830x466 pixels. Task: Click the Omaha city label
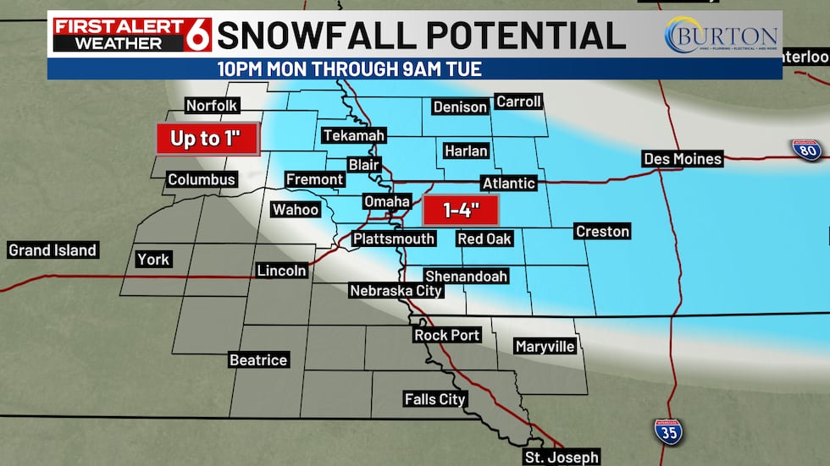click(x=387, y=201)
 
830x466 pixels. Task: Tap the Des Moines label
click(x=682, y=159)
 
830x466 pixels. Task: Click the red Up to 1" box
click(x=207, y=140)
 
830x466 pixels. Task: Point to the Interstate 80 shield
click(x=808, y=150)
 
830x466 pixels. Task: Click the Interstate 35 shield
click(x=669, y=431)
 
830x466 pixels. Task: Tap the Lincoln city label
click(x=282, y=271)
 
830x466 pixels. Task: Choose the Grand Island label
click(x=53, y=250)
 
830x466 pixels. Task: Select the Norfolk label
click(x=213, y=106)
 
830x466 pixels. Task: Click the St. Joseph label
click(x=562, y=457)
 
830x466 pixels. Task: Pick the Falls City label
click(x=435, y=399)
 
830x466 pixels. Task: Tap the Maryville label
click(x=545, y=347)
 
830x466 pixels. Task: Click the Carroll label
click(x=518, y=101)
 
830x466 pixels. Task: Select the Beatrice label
click(x=258, y=360)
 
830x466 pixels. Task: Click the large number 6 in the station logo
click(x=199, y=35)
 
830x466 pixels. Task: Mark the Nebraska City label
click(x=396, y=291)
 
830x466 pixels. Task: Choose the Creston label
click(x=602, y=231)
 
